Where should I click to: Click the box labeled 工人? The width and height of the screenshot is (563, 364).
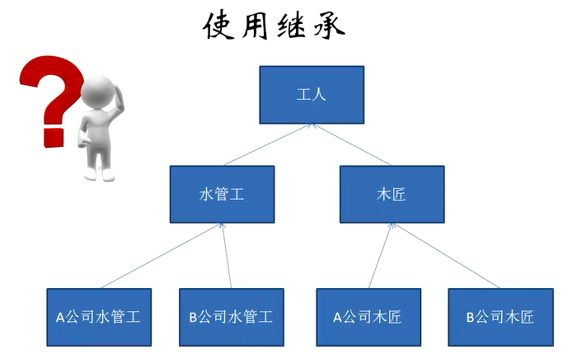click(x=312, y=93)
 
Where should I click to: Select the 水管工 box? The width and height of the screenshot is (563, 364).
click(x=222, y=194)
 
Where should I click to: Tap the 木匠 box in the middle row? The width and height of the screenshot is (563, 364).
click(x=392, y=194)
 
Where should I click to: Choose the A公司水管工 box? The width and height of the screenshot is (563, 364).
click(x=99, y=316)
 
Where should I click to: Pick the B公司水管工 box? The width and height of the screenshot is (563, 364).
click(x=231, y=316)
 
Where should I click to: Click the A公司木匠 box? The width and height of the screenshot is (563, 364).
click(x=368, y=316)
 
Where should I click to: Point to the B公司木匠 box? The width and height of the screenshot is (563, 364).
click(x=500, y=316)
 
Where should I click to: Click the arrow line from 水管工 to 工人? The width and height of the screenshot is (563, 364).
click(x=266, y=144)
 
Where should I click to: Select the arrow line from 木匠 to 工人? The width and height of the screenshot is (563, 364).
click(x=352, y=144)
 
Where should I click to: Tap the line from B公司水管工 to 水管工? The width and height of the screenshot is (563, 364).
click(x=227, y=256)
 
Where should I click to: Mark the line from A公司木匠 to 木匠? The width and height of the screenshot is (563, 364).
click(x=378, y=256)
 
